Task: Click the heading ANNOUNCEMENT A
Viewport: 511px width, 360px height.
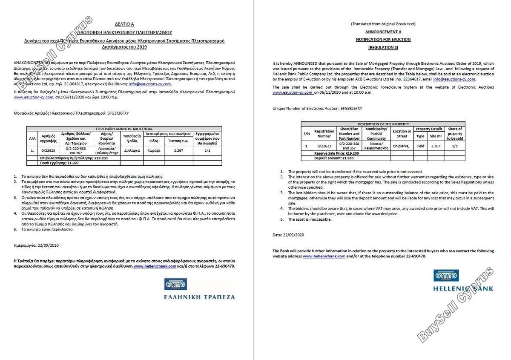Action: coord(383,32)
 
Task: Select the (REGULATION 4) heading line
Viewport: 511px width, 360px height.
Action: coord(383,47)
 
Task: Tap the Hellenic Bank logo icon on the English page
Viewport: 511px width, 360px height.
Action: coord(446,276)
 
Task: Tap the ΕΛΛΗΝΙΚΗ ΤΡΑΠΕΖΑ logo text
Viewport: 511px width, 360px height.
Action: coord(199,297)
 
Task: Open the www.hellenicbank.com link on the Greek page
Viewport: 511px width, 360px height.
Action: coord(155,266)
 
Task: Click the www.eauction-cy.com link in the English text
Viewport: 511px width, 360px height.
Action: coord(293,92)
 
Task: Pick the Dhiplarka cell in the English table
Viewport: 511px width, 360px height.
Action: coord(401,146)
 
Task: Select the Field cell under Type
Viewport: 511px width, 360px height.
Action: coord(420,146)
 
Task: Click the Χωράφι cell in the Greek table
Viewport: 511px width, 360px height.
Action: coord(154,150)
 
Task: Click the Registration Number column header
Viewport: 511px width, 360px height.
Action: coord(324,134)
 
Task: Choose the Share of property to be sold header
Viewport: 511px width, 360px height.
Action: coord(455,134)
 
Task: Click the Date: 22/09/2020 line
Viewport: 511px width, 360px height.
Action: coord(288,235)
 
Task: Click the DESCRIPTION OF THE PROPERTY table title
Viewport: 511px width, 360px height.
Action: coord(383,124)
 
